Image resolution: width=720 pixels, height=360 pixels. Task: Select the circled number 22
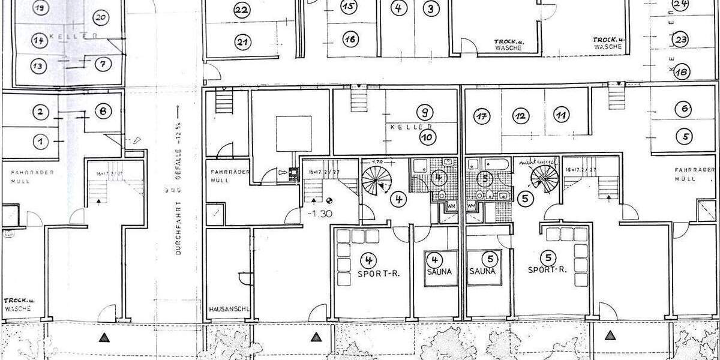[x=242, y=10]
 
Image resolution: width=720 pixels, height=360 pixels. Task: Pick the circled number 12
[x=521, y=115]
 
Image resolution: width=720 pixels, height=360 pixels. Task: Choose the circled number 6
[x=684, y=110]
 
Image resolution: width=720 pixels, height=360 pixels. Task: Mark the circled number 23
[x=680, y=41]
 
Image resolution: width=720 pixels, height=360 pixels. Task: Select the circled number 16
[x=350, y=39]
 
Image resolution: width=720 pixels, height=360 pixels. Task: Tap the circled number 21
[x=242, y=42]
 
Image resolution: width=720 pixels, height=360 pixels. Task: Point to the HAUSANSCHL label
[x=229, y=310]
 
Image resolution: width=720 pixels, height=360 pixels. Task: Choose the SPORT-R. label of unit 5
[x=547, y=270]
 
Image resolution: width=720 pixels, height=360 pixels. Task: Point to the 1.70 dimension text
[x=377, y=162]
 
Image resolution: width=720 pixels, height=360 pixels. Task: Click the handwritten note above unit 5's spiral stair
[x=539, y=161]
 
